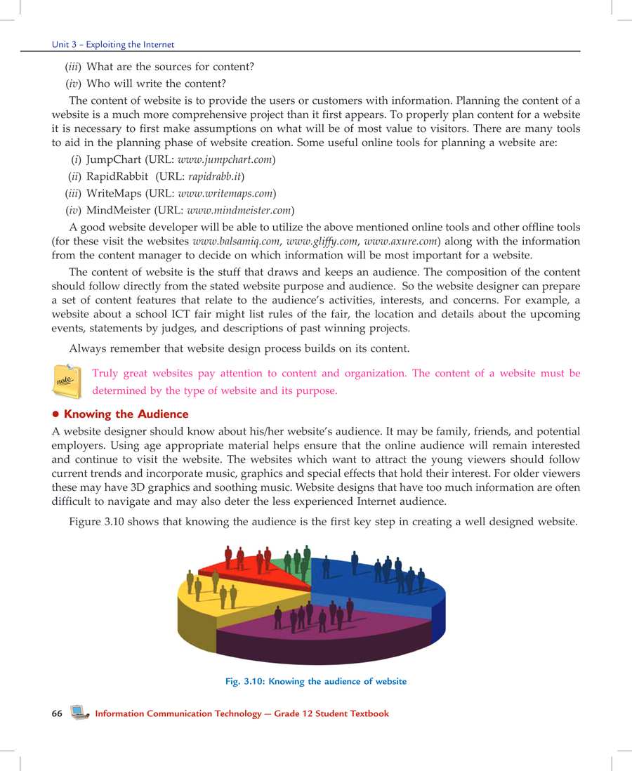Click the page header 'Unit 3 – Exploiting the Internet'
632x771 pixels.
pyautogui.click(x=112, y=44)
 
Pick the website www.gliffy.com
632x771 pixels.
pyautogui.click(x=317, y=241)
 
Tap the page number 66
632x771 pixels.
pyautogui.click(x=57, y=713)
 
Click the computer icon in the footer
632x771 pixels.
pyautogui.click(x=79, y=713)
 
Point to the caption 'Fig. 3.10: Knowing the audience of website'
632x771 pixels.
pyautogui.click(x=313, y=681)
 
